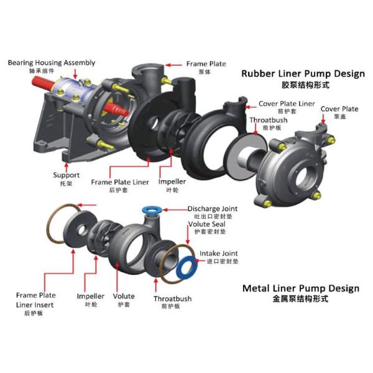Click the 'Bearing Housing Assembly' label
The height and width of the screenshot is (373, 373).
coord(52,63)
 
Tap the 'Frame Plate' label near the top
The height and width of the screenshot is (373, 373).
coord(206,64)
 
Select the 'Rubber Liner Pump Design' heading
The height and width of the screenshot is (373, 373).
coord(303,74)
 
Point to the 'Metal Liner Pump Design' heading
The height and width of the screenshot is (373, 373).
coord(301,288)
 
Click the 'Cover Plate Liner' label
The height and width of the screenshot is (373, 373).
coord(287,104)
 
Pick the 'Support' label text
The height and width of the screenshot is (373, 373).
coord(66,175)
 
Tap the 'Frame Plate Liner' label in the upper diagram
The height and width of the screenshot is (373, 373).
coord(120,182)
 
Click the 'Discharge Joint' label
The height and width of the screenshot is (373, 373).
coord(213,209)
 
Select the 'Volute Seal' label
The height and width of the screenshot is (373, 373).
coord(206,224)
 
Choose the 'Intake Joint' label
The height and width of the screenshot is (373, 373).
coord(218,254)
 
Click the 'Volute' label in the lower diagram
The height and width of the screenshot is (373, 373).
coord(124,296)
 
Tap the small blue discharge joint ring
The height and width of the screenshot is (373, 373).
coord(152,210)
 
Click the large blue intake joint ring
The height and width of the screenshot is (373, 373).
coord(187,268)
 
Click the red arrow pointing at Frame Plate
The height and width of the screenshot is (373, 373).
coord(173,65)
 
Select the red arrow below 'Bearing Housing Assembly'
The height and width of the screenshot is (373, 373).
coord(75,74)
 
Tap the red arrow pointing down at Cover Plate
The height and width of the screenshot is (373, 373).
coord(323,119)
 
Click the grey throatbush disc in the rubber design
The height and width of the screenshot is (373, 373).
coord(246,157)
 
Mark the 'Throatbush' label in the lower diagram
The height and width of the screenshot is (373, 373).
coord(172,299)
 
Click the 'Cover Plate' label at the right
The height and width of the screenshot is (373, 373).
coord(339,109)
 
